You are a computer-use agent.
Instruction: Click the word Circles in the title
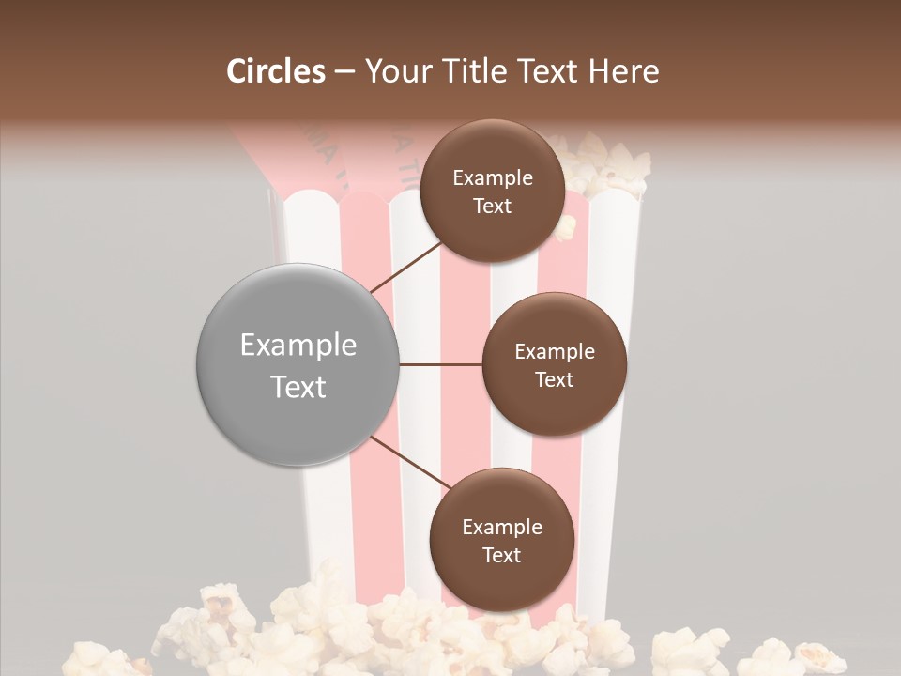[276, 71]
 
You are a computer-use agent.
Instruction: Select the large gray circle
[298, 364]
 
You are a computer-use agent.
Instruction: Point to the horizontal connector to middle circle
[441, 364]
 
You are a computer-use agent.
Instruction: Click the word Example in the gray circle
[298, 346]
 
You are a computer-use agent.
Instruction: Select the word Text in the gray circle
[298, 387]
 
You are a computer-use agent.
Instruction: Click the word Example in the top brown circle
[493, 178]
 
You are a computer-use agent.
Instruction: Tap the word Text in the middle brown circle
[554, 380]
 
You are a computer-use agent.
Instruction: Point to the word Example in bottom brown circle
[502, 528]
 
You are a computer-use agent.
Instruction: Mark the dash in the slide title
[344, 72]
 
